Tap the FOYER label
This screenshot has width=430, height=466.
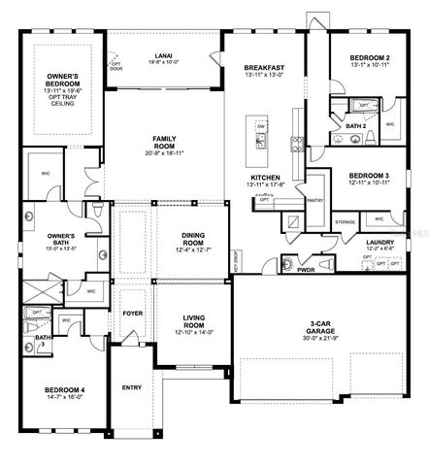(x=132, y=315)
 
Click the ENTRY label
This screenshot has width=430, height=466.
(x=132, y=387)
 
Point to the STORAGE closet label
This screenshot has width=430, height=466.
(x=345, y=222)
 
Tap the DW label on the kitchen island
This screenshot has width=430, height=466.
(x=261, y=126)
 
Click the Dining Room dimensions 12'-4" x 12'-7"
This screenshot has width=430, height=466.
(x=192, y=251)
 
